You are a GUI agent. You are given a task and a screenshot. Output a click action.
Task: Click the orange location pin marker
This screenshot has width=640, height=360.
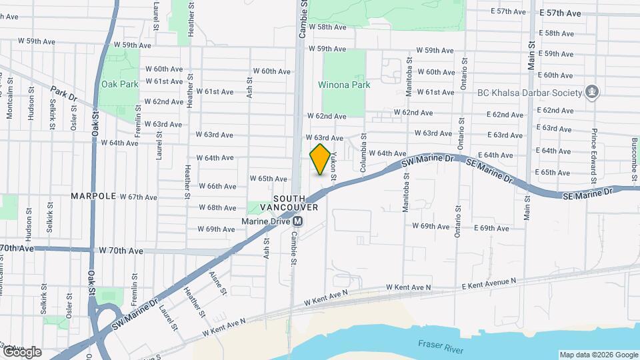[320, 159]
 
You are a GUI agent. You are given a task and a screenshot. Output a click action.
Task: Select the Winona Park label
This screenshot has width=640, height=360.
[343, 85]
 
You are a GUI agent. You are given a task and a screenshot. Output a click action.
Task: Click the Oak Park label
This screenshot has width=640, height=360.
[120, 84]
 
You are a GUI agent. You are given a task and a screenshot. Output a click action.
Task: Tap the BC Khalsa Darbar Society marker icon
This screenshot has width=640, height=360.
[591, 91]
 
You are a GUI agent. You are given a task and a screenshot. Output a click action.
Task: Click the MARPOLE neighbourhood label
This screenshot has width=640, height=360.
[94, 197]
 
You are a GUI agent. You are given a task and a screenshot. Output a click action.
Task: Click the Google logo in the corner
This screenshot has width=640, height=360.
[21, 352]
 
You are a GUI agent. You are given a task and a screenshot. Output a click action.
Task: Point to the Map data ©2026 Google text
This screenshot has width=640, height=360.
[599, 355]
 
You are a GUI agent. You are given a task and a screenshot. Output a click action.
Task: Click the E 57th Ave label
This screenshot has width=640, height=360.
[560, 13]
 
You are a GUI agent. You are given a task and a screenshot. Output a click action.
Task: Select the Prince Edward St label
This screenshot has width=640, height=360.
[593, 159]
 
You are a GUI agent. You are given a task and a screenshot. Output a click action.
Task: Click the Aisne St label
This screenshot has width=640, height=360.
[215, 283]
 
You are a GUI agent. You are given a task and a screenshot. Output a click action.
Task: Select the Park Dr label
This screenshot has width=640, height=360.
[64, 92]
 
